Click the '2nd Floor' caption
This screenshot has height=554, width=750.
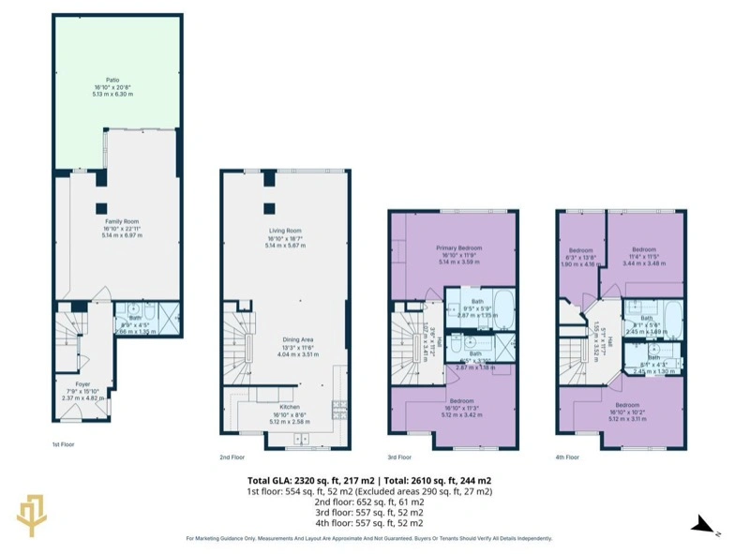pos(232,457)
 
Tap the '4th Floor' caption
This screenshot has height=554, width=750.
pos(567,457)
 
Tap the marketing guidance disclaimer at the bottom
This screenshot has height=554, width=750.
pos(368,538)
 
